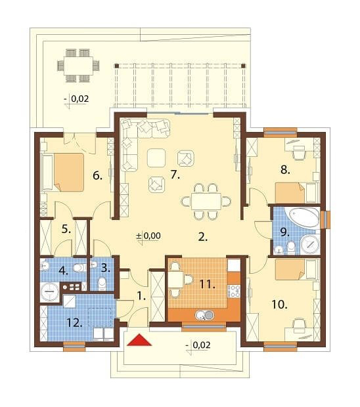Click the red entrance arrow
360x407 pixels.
click(x=139, y=340)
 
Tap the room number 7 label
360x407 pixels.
click(x=175, y=175)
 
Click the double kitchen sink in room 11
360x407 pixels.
click(x=205, y=315)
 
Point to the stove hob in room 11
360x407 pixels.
click(x=234, y=291)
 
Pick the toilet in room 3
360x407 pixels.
click(x=102, y=284)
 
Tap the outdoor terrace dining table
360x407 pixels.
click(x=78, y=66)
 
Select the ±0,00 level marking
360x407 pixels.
click(x=148, y=236)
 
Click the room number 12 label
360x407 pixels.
click(x=74, y=323)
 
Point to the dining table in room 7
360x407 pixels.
click(x=206, y=201)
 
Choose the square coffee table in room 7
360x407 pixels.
click(x=156, y=158)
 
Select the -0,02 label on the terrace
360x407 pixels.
click(x=77, y=98)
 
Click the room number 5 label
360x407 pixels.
click(x=66, y=229)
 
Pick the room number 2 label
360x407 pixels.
click(x=203, y=237)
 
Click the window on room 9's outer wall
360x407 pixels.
click(x=325, y=220)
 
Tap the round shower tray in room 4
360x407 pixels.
click(x=49, y=292)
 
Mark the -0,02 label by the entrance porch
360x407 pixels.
click(x=198, y=345)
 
